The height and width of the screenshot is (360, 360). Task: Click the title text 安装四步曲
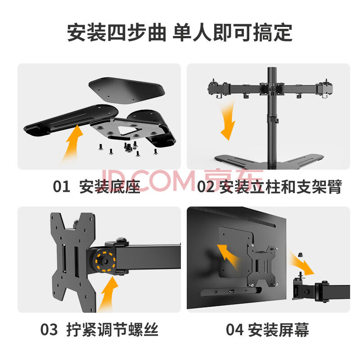pyautogui.click(x=117, y=32)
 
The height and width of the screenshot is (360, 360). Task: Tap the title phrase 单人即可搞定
pyautogui.click(x=232, y=32)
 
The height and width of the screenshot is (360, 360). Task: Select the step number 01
pyautogui.click(x=62, y=186)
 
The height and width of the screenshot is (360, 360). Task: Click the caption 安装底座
pyautogui.click(x=110, y=186)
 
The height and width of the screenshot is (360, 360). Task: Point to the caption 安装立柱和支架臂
pyautogui.click(x=280, y=186)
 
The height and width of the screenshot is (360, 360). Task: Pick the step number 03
pyautogui.click(x=49, y=329)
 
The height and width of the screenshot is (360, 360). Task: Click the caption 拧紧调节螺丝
pyautogui.click(x=112, y=329)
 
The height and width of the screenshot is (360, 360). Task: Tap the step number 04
pyautogui.click(x=234, y=329)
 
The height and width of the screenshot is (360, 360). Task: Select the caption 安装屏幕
pyautogui.click(x=279, y=329)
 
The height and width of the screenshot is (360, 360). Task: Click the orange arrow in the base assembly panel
pyautogui.click(x=72, y=144)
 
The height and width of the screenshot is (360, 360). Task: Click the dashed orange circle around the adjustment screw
pyautogui.click(x=105, y=261)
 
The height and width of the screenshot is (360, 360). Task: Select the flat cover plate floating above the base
pyautogui.click(x=127, y=90)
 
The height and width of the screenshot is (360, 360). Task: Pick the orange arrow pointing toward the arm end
pyautogui.click(x=301, y=264)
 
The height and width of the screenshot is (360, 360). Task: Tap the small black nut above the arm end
pyautogui.click(x=300, y=255)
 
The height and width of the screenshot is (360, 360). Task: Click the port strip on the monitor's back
pyautogui.click(x=231, y=292)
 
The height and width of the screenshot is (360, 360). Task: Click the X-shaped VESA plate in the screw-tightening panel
pyautogui.click(x=73, y=262)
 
